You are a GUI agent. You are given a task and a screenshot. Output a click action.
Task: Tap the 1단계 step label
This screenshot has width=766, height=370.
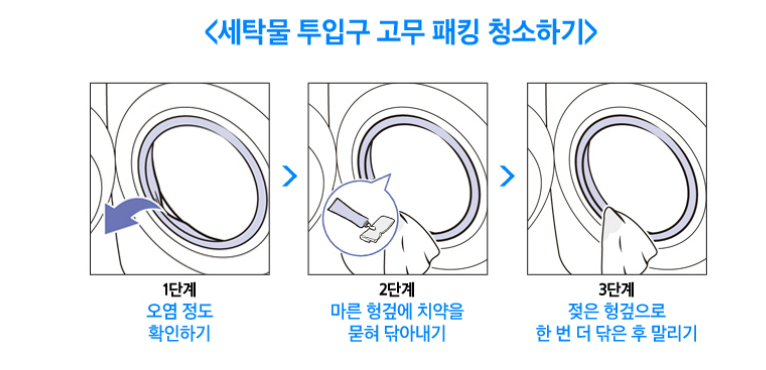[180, 290]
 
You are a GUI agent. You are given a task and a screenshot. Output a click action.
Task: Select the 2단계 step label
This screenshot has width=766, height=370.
[399, 290]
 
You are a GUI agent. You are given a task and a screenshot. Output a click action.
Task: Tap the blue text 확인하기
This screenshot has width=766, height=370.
[180, 331]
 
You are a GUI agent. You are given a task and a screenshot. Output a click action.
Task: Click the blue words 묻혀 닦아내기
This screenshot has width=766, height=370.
[399, 331]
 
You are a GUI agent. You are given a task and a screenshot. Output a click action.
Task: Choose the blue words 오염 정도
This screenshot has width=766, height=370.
[180, 310]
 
